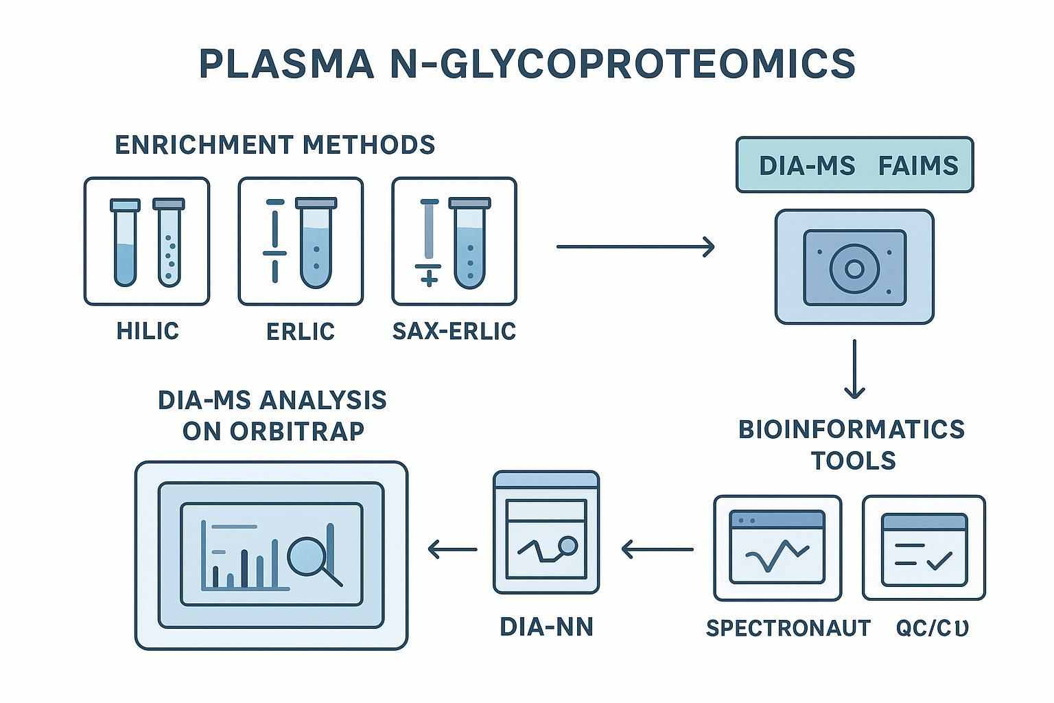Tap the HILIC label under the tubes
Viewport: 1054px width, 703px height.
click(x=148, y=331)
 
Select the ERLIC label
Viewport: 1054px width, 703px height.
click(x=301, y=331)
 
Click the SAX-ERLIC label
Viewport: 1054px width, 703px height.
click(x=454, y=331)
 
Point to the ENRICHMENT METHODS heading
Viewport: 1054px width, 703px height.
click(x=274, y=145)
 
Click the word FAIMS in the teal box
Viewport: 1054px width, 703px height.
click(x=918, y=165)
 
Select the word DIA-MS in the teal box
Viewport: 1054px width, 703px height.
click(x=807, y=165)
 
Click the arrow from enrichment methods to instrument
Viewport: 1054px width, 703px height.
click(x=635, y=246)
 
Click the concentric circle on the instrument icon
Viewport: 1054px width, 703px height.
click(x=854, y=268)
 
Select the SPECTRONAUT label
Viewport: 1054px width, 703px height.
click(x=788, y=627)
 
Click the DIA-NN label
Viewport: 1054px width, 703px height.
click(x=546, y=626)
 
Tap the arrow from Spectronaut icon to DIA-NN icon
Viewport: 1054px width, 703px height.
click(x=657, y=549)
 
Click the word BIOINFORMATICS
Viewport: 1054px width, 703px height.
click(x=852, y=429)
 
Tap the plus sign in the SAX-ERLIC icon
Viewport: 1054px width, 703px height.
click(x=429, y=278)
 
